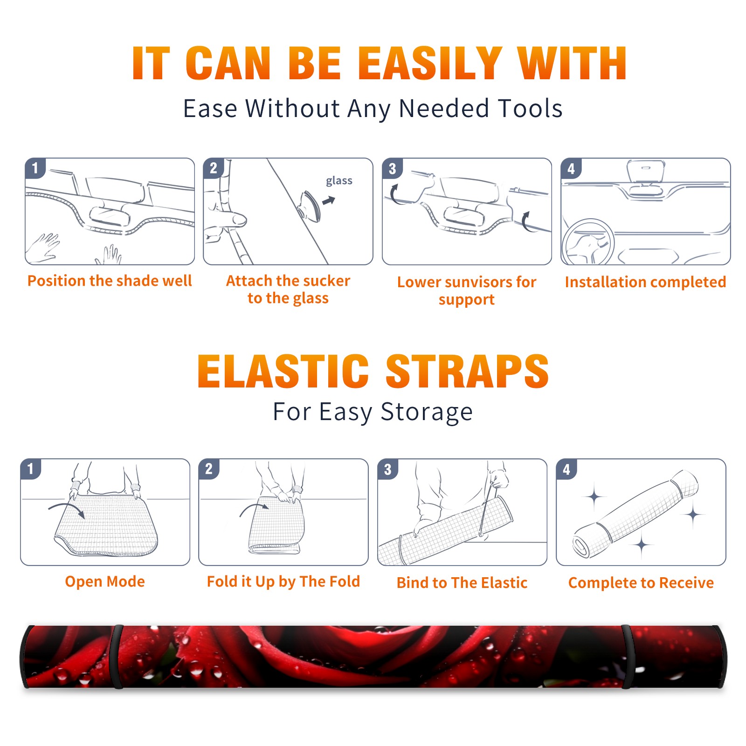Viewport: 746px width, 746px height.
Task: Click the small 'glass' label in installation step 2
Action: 339,181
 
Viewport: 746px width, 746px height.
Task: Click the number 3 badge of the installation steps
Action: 392,169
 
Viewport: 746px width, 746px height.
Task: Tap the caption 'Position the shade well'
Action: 110,281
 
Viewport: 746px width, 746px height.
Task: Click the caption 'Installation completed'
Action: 645,282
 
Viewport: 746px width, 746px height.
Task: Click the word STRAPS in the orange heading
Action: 467,371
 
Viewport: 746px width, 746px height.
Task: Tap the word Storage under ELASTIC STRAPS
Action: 427,412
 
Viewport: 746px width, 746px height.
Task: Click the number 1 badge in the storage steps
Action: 31,469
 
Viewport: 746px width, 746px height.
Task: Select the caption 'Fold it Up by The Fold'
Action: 283,581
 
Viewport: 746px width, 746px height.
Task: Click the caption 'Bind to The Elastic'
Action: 462,583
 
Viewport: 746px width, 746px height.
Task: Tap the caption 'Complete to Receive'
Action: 641,583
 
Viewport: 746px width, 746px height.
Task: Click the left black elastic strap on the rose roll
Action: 117,657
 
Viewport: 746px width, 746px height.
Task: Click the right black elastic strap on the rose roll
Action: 628,657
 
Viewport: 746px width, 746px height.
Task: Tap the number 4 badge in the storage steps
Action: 566,469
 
